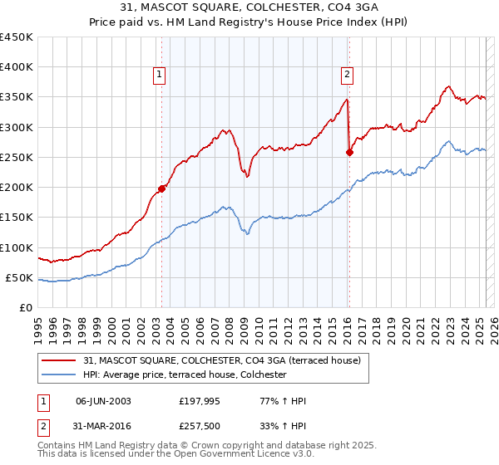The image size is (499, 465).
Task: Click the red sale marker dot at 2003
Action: pos(161,188)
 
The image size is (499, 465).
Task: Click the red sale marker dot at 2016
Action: pos(349,152)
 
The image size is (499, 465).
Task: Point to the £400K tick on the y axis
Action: pos(17,67)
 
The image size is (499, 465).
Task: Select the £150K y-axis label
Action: pos(17,218)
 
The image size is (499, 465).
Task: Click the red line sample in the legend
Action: pos(59,361)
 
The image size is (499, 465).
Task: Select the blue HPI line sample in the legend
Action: pos(59,375)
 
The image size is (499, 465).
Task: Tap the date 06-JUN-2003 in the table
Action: pos(103,401)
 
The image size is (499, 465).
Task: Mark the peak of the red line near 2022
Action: pos(448,86)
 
